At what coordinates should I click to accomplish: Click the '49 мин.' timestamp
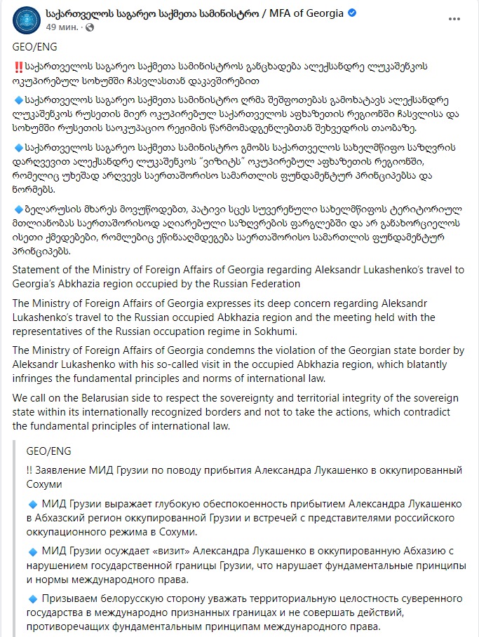(x=60, y=27)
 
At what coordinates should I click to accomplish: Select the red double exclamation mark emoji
(x=19, y=65)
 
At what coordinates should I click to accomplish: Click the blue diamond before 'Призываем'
(x=32, y=598)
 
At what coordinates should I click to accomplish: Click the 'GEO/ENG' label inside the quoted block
(x=48, y=451)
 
